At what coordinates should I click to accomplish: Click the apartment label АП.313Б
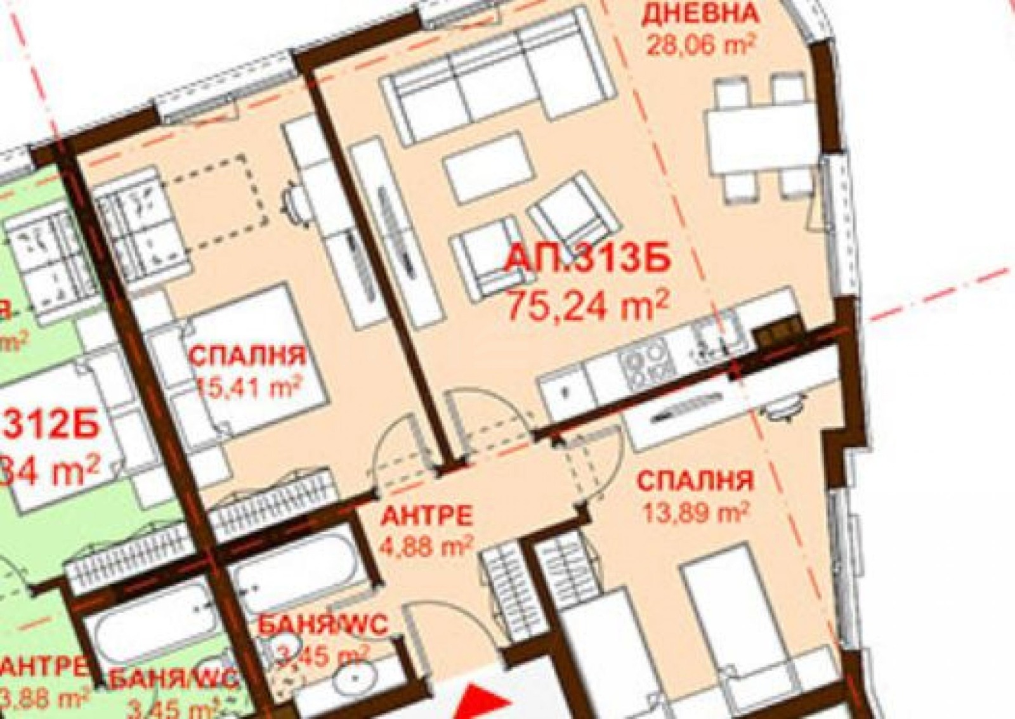click(x=587, y=261)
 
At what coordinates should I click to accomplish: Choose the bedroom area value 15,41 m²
click(x=247, y=385)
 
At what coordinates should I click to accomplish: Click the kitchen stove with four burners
click(x=646, y=362)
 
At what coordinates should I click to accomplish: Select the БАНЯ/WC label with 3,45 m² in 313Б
click(x=324, y=626)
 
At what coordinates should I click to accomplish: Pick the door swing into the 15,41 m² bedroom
click(x=395, y=450)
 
